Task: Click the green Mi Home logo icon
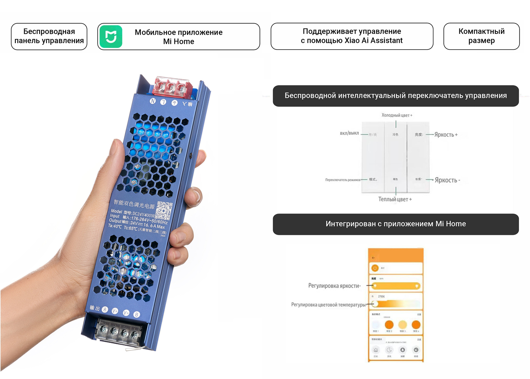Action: [111, 37]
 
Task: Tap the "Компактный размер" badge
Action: [481, 36]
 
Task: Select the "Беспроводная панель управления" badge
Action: [49, 36]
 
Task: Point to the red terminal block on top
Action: [172, 87]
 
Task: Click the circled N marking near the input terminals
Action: [153, 101]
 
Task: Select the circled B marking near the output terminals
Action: [136, 315]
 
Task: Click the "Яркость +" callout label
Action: [446, 135]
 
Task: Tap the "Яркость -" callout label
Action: [447, 180]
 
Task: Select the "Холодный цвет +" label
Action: [397, 115]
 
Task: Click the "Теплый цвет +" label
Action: [395, 199]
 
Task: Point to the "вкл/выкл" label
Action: [349, 133]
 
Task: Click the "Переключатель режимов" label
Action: [343, 180]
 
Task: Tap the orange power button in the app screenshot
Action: [375, 268]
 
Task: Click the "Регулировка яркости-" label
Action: [334, 286]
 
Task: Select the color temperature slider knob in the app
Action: [375, 304]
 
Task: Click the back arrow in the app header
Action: [373, 258]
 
